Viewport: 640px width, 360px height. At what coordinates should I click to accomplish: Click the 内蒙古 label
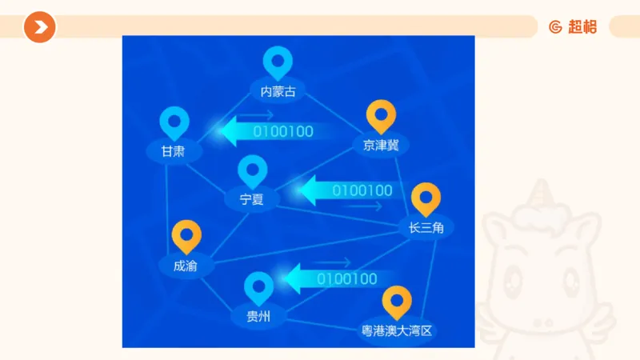point(278,91)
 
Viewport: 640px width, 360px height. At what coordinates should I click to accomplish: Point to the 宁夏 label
point(252,199)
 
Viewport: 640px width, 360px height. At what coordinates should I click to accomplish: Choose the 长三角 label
point(426,228)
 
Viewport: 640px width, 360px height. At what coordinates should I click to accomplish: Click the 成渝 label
point(186,265)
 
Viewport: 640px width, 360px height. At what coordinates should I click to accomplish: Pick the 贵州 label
point(258,317)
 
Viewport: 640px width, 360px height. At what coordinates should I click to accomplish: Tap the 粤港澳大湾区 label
point(397,330)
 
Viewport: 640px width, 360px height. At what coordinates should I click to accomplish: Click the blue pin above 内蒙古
point(278,61)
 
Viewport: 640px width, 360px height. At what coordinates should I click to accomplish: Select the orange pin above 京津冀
point(381,115)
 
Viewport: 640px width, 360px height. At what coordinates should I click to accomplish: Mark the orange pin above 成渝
point(186,235)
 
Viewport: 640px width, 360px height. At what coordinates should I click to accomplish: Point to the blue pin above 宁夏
point(253,170)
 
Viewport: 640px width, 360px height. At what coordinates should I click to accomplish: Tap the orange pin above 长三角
point(426,198)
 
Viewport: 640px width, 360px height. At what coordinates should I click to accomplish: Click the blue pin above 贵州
point(258,287)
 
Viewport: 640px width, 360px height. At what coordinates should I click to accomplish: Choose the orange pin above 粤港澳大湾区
point(397,301)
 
